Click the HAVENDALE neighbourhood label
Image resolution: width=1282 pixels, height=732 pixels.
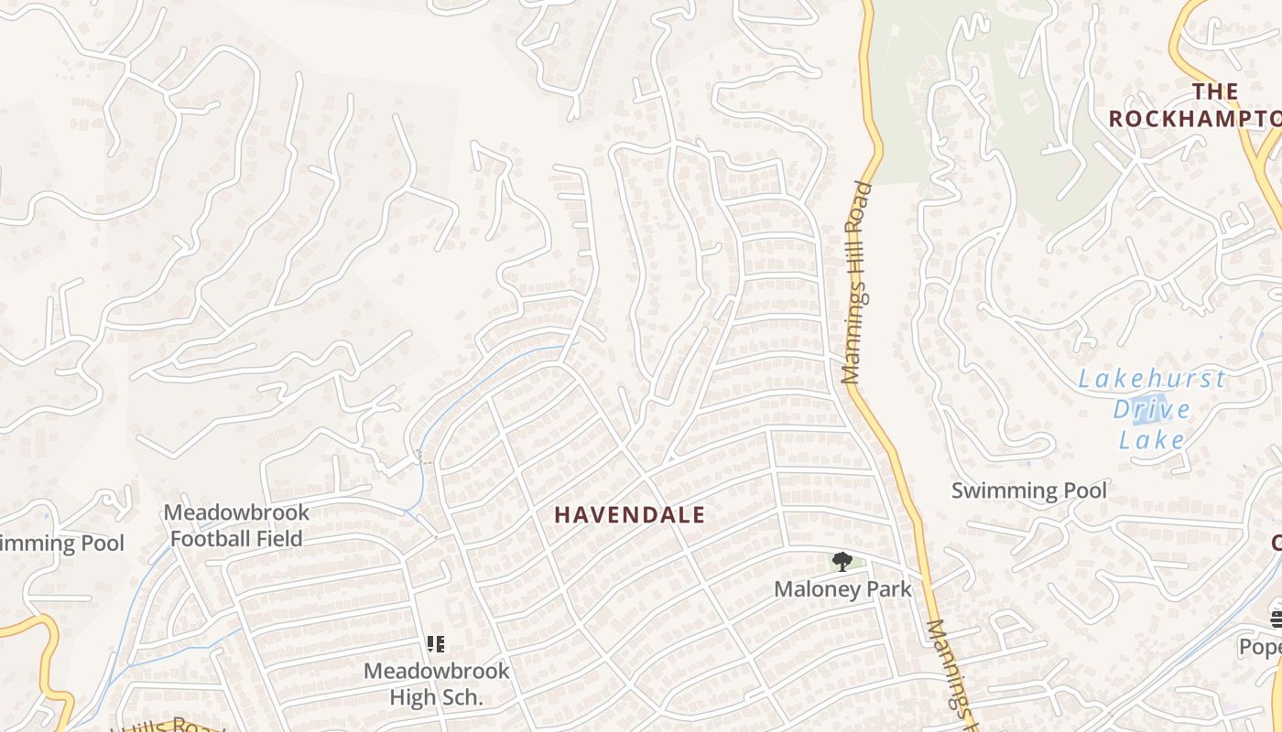click(x=629, y=515)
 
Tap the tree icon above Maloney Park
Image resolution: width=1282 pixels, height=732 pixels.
click(x=842, y=561)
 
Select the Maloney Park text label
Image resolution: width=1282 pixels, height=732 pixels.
click(x=842, y=589)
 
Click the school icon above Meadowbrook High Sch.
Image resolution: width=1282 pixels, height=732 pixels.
click(x=436, y=644)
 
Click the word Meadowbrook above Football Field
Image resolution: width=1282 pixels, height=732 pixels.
click(x=236, y=512)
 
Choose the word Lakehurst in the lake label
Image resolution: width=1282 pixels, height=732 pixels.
click(x=1151, y=379)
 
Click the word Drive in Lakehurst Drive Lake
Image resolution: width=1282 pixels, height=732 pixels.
click(x=1151, y=409)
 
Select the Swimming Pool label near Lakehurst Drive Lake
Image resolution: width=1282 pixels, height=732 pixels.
click(x=1028, y=490)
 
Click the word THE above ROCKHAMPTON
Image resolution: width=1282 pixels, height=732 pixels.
click(x=1215, y=91)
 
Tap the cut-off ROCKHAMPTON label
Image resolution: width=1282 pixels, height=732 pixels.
click(x=1194, y=119)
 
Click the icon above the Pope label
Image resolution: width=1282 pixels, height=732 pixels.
click(x=1276, y=619)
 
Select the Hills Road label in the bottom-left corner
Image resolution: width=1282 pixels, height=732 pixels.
click(x=169, y=726)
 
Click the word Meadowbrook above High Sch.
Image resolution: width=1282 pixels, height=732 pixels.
click(x=436, y=671)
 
